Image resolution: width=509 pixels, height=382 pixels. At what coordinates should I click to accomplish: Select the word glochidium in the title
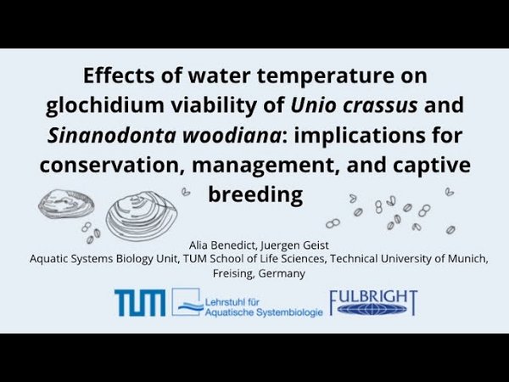(105, 105)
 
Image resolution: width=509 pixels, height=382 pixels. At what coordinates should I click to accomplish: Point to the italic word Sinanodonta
(111, 136)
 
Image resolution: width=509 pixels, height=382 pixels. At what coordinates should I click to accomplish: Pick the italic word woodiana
(232, 136)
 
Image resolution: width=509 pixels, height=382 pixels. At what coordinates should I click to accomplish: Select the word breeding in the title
(255, 195)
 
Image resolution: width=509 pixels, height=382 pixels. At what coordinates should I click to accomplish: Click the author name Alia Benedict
(223, 245)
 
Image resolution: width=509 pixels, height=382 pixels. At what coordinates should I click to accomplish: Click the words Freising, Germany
(259, 273)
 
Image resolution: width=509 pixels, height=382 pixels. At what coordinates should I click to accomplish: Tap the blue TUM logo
(140, 303)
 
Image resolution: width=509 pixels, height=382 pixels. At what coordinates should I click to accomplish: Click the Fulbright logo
(373, 303)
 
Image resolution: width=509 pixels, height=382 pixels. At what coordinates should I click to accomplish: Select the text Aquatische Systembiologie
(264, 312)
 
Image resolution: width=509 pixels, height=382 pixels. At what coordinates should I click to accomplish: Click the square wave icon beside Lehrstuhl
(186, 301)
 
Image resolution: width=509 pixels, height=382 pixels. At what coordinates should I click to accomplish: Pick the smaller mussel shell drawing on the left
(66, 204)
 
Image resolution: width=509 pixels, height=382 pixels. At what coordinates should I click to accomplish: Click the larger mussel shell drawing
(142, 216)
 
